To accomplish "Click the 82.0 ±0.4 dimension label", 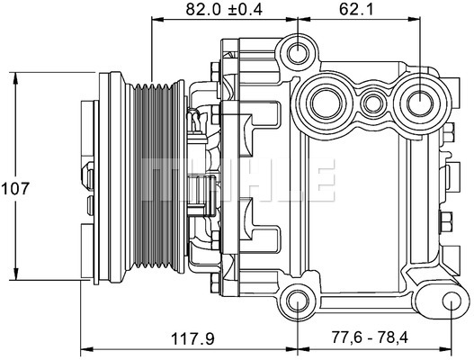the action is [224, 9].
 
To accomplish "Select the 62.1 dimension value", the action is [356, 9].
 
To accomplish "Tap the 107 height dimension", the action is [15, 188].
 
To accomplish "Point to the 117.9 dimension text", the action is [192, 338].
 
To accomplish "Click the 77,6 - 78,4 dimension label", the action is [371, 337].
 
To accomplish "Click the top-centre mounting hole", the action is [298, 53].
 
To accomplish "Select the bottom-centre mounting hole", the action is [298, 301].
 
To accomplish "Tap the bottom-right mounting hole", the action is [451, 301].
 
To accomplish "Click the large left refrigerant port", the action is [326, 103].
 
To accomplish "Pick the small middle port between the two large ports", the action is [372, 103].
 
